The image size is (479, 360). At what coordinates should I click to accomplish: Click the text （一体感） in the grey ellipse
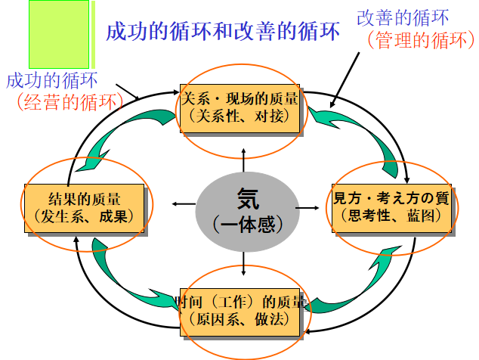click(247, 225)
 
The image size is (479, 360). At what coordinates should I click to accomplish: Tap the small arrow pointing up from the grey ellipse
click(244, 154)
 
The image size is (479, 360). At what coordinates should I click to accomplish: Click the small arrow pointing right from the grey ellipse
click(307, 206)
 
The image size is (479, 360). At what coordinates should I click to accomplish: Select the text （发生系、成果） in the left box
click(84, 216)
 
